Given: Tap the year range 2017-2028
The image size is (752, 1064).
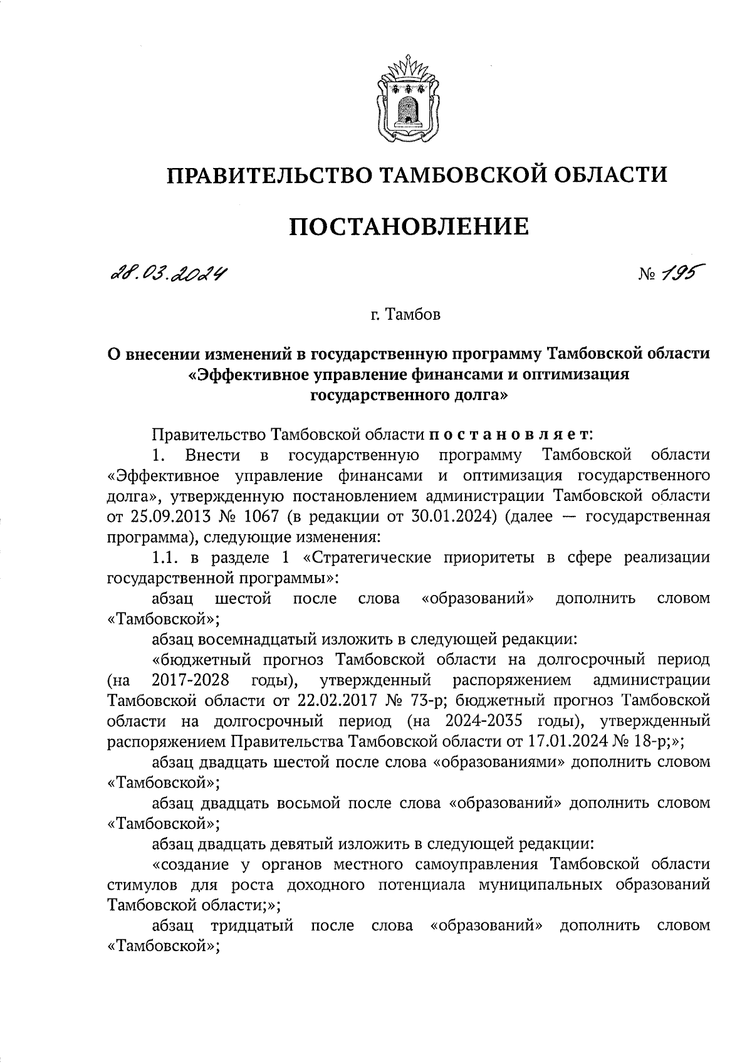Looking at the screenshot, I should (x=189, y=680).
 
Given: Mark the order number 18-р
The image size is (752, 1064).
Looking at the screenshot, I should (x=654, y=742).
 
